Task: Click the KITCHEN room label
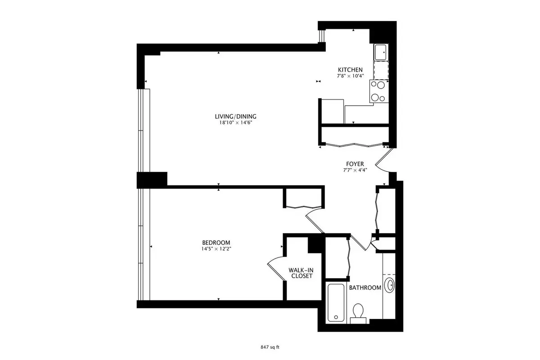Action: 350,70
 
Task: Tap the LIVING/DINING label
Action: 235,117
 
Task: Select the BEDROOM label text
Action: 216,243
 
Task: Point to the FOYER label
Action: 355,164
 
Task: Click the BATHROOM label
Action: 365,288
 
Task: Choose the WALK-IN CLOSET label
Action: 301,273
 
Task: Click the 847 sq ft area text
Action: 270,347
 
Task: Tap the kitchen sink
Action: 381,52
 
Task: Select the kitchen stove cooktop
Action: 379,91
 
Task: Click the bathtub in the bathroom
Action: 336,302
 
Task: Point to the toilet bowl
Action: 358,311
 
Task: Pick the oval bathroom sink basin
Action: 389,285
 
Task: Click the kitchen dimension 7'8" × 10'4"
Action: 350,76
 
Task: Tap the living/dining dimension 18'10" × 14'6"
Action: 235,123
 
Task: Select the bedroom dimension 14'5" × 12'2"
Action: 216,249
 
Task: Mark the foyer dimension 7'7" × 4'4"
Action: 355,170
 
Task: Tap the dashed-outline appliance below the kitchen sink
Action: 381,70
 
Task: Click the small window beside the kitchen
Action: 321,36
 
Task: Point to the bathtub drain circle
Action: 336,317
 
